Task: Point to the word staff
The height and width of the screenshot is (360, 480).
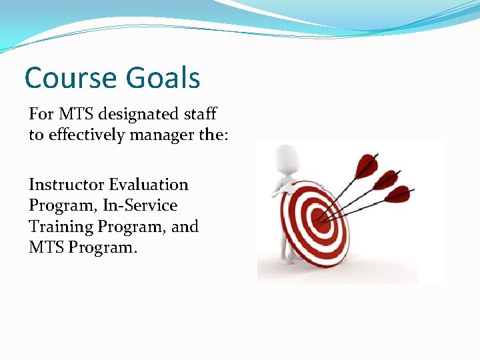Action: click(199, 115)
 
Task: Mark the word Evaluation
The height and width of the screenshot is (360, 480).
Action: click(149, 185)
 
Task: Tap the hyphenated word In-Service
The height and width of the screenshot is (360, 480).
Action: click(141, 205)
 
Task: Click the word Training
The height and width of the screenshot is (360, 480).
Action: click(61, 227)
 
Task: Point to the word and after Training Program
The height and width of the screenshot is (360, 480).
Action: click(185, 227)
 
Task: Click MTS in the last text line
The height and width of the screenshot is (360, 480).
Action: click(44, 248)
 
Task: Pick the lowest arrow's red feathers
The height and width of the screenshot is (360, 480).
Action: click(398, 194)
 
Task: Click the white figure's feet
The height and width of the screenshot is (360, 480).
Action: click(287, 260)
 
